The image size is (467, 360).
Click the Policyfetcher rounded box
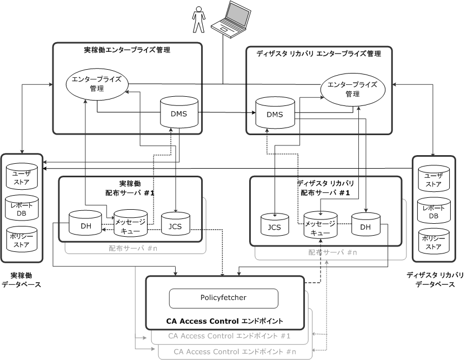(223, 298)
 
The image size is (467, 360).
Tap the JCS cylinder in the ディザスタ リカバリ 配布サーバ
(275, 227)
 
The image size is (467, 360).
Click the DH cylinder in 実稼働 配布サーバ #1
(85, 225)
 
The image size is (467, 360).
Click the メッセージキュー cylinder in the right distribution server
(320, 228)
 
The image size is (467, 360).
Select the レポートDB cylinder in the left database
(22, 210)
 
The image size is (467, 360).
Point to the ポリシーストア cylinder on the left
(22, 242)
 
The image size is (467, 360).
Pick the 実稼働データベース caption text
(22, 280)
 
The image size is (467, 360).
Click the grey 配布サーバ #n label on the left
(133, 249)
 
